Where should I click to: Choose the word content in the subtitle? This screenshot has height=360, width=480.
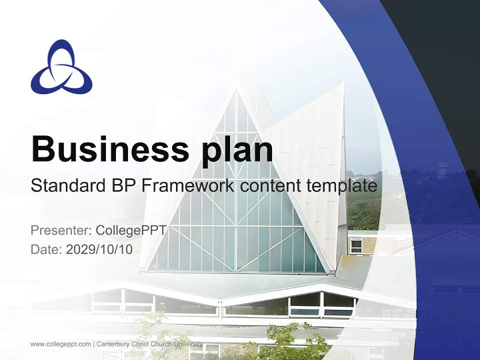270,186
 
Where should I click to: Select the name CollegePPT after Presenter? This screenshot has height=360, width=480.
130,230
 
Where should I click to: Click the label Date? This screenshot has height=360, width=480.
46,249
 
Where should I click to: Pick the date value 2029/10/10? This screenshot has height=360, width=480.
99,249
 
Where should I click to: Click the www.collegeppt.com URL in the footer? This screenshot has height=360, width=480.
60,344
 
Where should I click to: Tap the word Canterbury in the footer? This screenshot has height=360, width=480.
113,344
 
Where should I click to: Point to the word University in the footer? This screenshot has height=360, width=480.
188,344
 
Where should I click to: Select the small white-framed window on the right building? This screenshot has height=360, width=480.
356,245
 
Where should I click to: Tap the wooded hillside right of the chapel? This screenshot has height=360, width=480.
364,205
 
